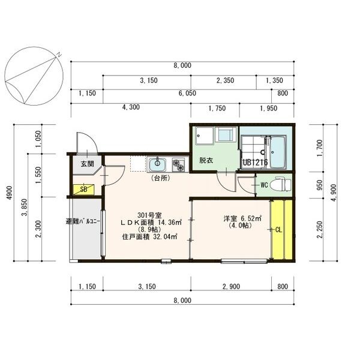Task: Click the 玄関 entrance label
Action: tap(87, 164)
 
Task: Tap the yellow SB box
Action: tap(83, 190)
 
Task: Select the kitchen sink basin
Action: tap(157, 165)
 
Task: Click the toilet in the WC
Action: tap(280, 184)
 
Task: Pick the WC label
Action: tap(264, 185)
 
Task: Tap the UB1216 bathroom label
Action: tap(256, 163)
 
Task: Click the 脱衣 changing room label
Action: tap(206, 160)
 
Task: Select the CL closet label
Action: tap(278, 230)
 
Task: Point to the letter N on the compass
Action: tap(59, 55)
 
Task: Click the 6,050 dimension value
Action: tap(187, 93)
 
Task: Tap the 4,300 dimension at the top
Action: tap(131, 107)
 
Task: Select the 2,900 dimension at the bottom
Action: tap(231, 287)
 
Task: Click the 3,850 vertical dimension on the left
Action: tap(25, 208)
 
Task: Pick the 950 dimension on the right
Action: tap(319, 185)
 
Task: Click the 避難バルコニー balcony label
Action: tap(83, 221)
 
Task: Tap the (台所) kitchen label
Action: tap(161, 178)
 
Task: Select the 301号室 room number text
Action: tap(149, 215)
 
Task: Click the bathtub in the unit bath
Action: tap(277, 152)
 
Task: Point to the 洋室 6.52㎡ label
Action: tap(242, 218)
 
